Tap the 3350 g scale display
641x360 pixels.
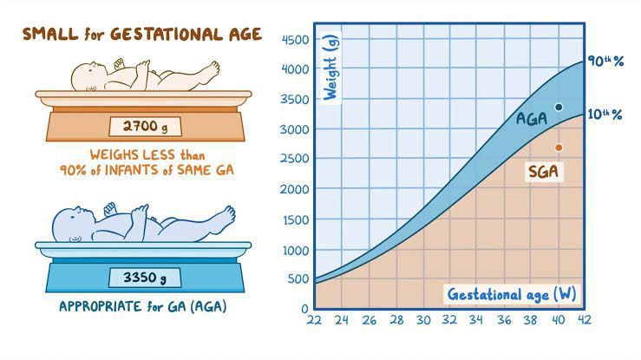tap(144, 278)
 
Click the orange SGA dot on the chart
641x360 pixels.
tap(559, 147)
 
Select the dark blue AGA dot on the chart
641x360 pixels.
tap(559, 108)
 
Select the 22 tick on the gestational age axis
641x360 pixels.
tap(315, 319)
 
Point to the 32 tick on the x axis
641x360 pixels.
tap(449, 319)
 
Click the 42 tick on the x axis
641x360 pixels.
tap(584, 319)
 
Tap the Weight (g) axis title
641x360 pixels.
tap(330, 69)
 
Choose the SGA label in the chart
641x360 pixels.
tap(543, 172)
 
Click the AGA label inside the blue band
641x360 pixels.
tap(532, 118)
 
